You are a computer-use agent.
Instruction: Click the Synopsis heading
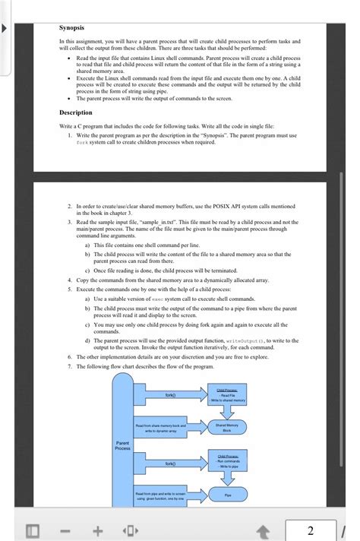(72, 28)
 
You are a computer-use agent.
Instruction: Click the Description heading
(76, 112)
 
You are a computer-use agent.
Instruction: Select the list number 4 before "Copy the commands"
(69, 280)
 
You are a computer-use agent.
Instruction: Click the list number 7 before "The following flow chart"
(69, 366)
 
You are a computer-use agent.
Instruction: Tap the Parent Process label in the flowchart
(122, 445)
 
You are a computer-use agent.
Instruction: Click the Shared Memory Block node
(228, 427)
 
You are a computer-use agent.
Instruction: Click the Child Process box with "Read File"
(228, 395)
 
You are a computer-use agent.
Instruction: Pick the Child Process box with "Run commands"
(228, 461)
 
